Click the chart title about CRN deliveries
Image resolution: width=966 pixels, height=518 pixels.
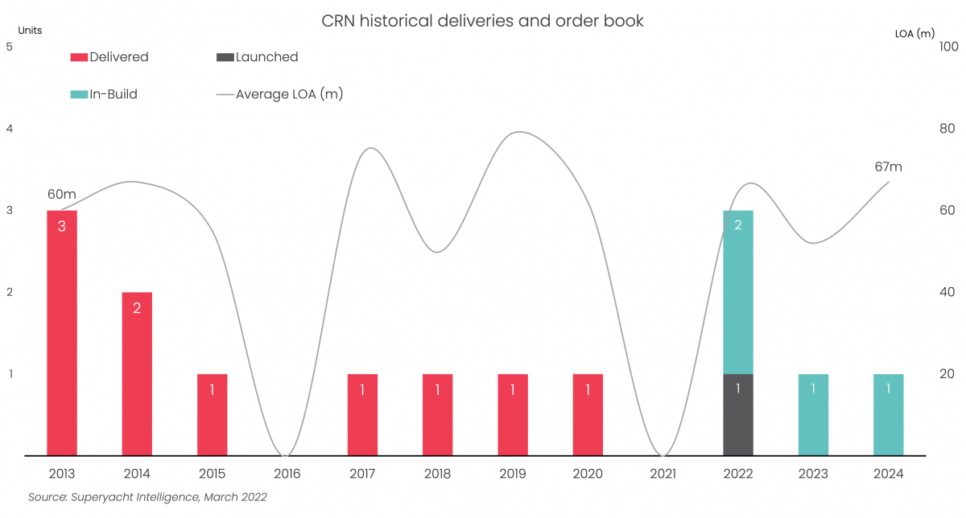pyautogui.click(x=482, y=22)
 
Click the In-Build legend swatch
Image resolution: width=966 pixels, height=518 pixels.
pyautogui.click(x=79, y=94)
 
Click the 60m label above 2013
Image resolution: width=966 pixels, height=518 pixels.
pyautogui.click(x=61, y=194)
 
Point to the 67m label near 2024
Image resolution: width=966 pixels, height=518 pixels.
pyautogui.click(x=888, y=166)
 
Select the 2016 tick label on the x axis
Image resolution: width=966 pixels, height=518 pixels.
pyautogui.click(x=287, y=474)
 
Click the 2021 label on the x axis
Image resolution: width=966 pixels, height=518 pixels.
pyautogui.click(x=663, y=474)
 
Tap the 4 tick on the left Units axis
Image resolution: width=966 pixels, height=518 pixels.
pyautogui.click(x=9, y=129)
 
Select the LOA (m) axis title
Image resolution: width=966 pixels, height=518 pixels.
pyautogui.click(x=914, y=34)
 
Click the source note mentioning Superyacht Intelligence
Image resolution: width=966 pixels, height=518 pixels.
pyautogui.click(x=147, y=497)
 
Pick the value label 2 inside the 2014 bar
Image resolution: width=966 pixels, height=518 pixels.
pyautogui.click(x=137, y=307)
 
